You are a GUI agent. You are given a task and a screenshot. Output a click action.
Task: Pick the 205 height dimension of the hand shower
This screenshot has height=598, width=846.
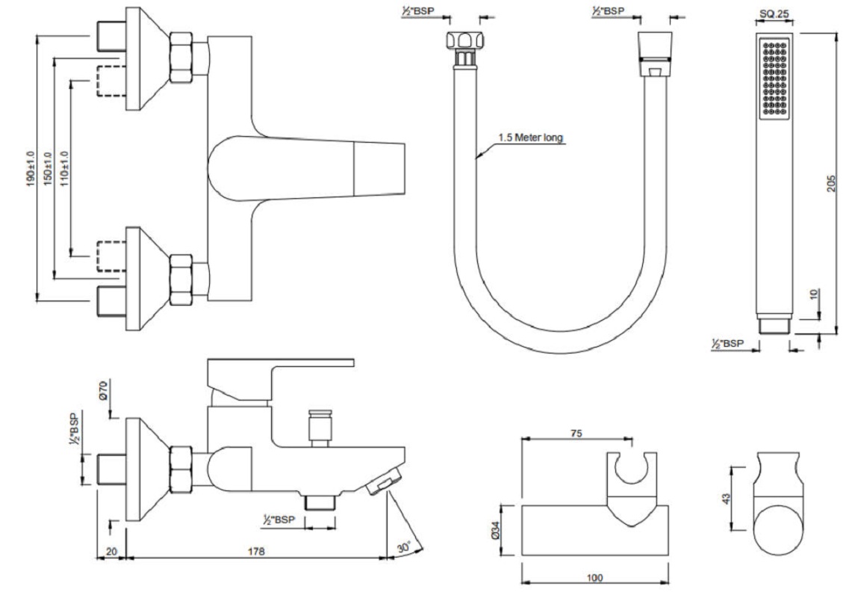click(840, 181)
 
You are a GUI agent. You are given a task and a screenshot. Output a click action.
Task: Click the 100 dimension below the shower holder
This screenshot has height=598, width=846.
click(595, 577)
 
